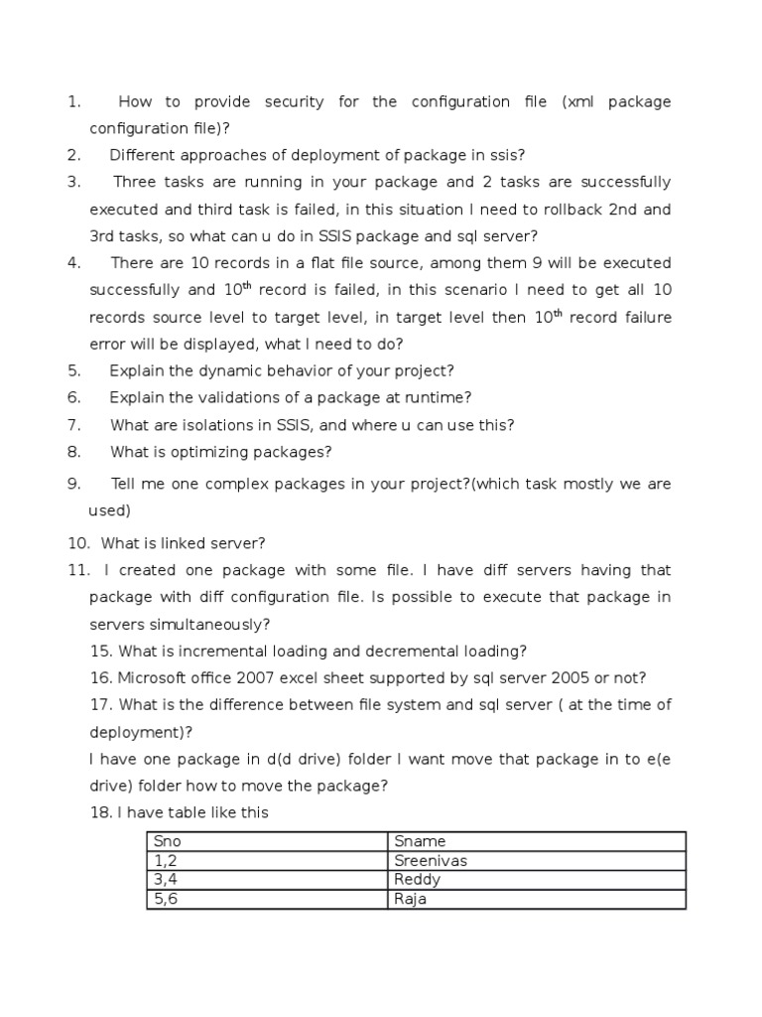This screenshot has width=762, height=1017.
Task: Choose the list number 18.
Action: click(x=100, y=812)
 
